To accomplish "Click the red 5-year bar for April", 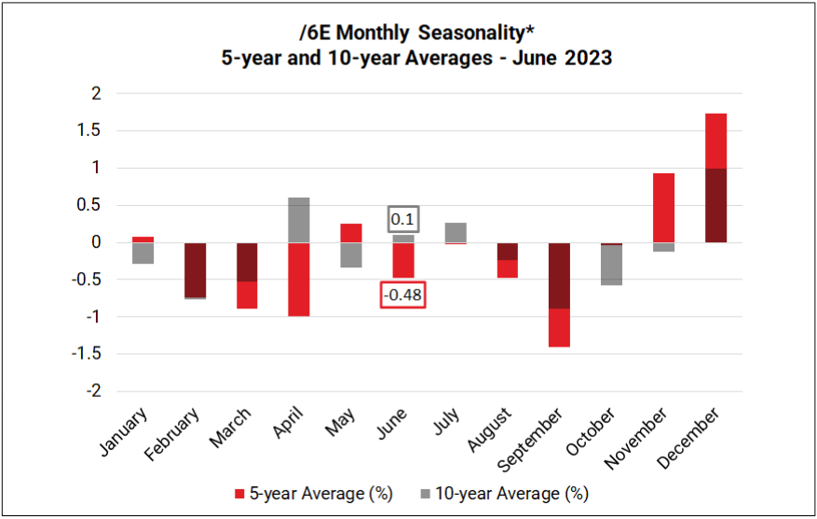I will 298,280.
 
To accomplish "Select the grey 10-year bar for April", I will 298,220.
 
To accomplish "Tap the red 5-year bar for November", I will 662,208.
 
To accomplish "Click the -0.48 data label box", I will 402,295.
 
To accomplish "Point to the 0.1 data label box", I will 402,219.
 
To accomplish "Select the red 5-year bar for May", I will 350,233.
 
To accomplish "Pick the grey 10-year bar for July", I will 455,232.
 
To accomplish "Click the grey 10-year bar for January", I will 143,253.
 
